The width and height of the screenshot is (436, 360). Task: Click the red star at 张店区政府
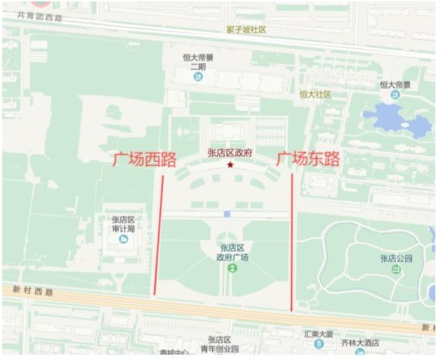(231, 165)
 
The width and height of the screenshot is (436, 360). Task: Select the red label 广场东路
(308, 158)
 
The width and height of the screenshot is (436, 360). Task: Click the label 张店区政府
(230, 153)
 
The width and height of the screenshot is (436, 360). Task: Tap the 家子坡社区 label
(246, 30)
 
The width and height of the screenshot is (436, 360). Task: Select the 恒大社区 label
(316, 94)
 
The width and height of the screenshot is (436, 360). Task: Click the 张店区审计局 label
(123, 223)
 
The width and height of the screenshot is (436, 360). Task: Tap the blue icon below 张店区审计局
(132, 239)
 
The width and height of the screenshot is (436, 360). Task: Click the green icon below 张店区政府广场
(232, 268)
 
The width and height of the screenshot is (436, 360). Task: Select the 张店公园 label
(396, 258)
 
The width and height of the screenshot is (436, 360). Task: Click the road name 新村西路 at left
(34, 292)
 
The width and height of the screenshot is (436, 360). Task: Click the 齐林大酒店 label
(360, 343)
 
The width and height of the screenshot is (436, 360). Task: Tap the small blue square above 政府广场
(227, 214)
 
